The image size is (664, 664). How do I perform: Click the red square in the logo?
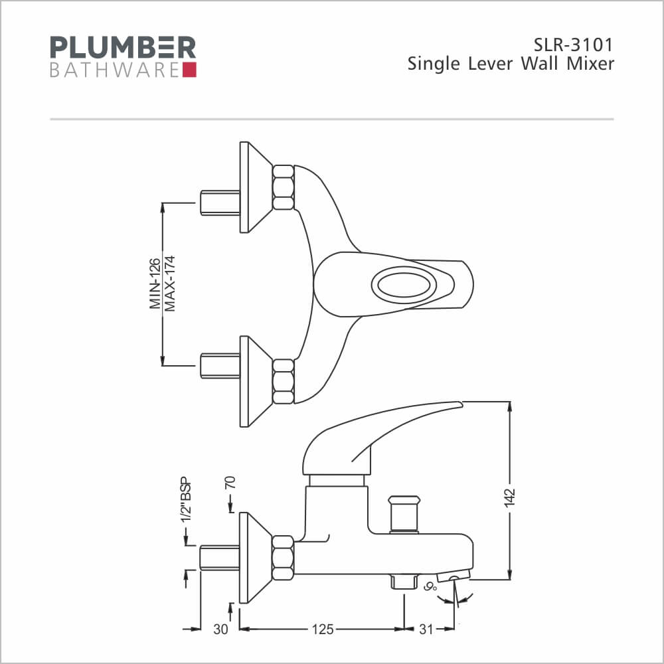[x=189, y=70]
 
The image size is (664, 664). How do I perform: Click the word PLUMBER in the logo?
[x=124, y=47]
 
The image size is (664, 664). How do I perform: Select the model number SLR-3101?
[x=573, y=45]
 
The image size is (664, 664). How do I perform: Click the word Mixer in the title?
[x=590, y=64]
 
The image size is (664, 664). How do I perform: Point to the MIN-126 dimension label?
[x=155, y=284]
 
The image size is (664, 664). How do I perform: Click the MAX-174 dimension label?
[x=170, y=284]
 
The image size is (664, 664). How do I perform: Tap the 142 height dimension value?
[x=509, y=497]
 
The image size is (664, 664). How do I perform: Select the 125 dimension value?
[x=323, y=629]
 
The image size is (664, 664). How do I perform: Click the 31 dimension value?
[x=426, y=629]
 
